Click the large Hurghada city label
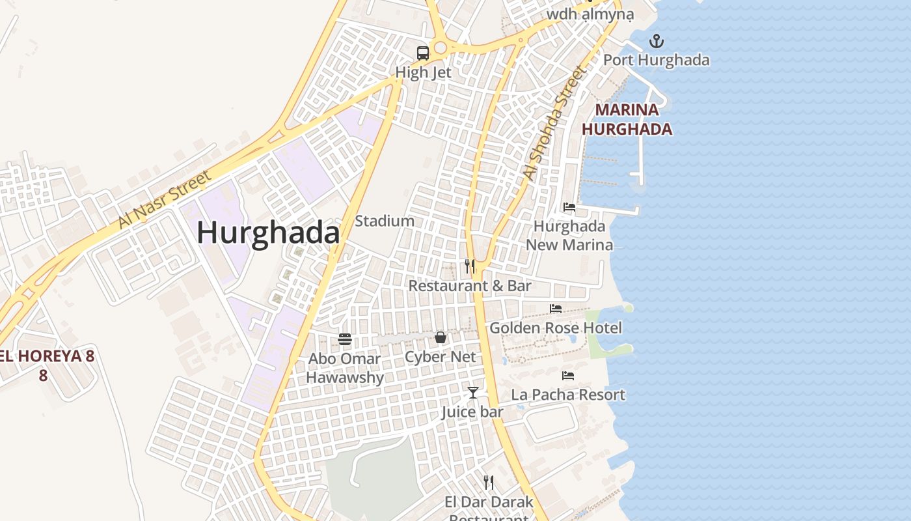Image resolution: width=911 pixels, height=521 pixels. [x=268, y=232]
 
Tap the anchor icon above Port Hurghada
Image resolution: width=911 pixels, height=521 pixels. [x=657, y=42]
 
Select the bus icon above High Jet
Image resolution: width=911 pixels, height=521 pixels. [x=423, y=53]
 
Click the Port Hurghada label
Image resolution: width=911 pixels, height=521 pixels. [x=656, y=61]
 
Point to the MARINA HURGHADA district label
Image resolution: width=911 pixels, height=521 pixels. [x=627, y=119]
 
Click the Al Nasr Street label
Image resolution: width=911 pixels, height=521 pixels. [x=165, y=199]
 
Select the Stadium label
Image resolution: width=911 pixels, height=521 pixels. [x=385, y=221]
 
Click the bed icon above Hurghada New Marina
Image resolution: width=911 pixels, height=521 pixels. [x=569, y=207]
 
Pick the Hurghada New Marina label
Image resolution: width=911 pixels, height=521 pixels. [x=569, y=236]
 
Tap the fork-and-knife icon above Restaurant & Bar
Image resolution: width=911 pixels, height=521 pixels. [x=470, y=266]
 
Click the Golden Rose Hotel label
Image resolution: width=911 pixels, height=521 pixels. [x=555, y=328]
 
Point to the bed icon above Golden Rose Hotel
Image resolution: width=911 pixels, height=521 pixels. [x=556, y=309]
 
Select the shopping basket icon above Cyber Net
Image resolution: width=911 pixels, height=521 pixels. [x=441, y=337]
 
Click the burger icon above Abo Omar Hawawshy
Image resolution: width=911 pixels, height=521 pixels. [x=345, y=339]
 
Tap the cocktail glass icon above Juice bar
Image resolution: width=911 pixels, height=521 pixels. [x=473, y=392]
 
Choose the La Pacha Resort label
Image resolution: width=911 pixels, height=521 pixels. [x=567, y=395]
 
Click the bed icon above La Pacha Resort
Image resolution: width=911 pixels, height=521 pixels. [x=568, y=376]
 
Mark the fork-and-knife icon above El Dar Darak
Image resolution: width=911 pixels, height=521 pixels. [x=489, y=483]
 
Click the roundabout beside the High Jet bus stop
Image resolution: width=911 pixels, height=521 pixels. [x=441, y=48]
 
